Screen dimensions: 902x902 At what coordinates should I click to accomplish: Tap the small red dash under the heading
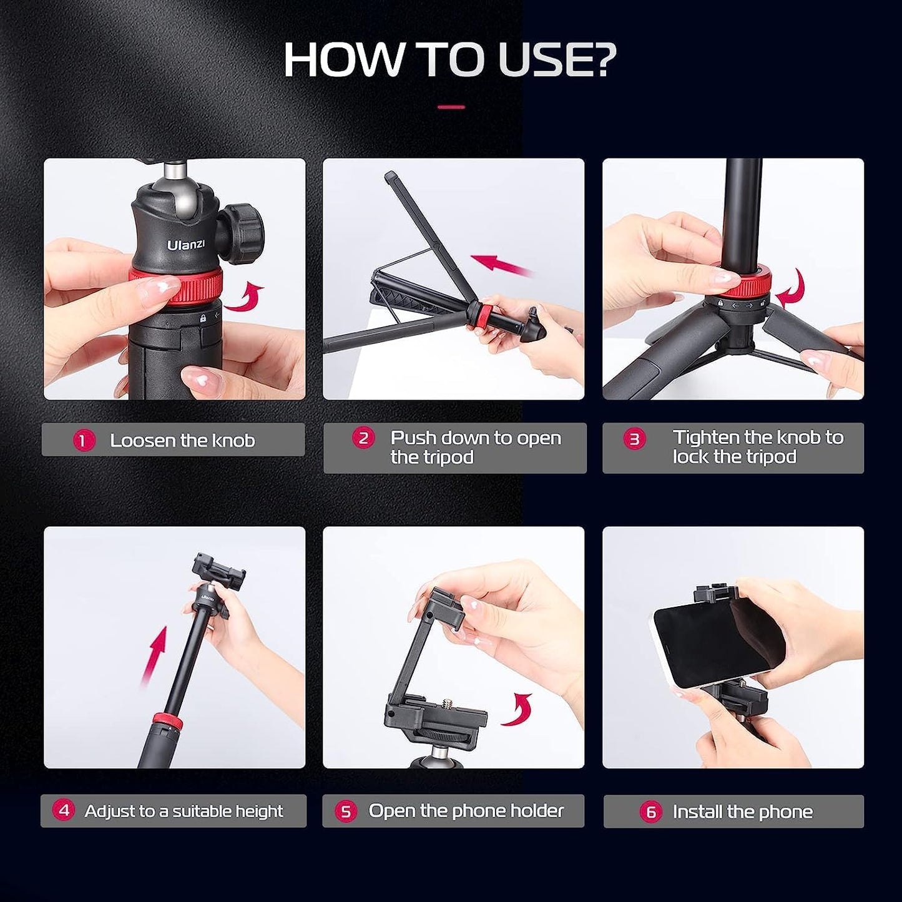click(451, 107)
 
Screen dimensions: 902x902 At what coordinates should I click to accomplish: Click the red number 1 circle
click(84, 441)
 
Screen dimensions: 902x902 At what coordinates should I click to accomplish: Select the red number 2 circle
click(363, 438)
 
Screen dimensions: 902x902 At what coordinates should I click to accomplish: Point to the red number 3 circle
click(635, 439)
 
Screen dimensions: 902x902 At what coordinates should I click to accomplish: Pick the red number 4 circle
click(63, 811)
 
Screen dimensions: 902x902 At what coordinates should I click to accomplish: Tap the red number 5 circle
click(345, 811)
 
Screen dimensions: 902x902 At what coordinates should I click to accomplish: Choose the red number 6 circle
click(650, 812)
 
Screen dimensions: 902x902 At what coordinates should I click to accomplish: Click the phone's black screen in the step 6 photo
click(712, 637)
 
